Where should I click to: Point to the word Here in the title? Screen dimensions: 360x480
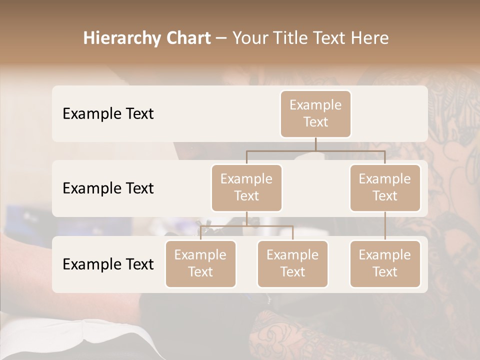(x=370, y=38)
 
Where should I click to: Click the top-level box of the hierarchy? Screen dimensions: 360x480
(x=315, y=113)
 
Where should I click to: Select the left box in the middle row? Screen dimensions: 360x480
(x=246, y=187)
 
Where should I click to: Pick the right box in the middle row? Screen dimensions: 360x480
(x=385, y=187)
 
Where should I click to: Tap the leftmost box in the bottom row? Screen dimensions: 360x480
(x=200, y=263)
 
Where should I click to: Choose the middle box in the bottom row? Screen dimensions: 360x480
(x=292, y=263)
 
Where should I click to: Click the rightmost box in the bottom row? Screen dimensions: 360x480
(x=385, y=263)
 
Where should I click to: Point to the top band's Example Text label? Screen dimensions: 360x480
(x=108, y=113)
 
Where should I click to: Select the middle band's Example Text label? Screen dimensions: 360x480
(x=108, y=188)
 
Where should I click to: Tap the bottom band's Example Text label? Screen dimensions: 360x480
(x=108, y=264)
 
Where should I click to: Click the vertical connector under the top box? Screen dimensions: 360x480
(x=315, y=144)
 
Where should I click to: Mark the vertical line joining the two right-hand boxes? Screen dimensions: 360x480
(x=385, y=226)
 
